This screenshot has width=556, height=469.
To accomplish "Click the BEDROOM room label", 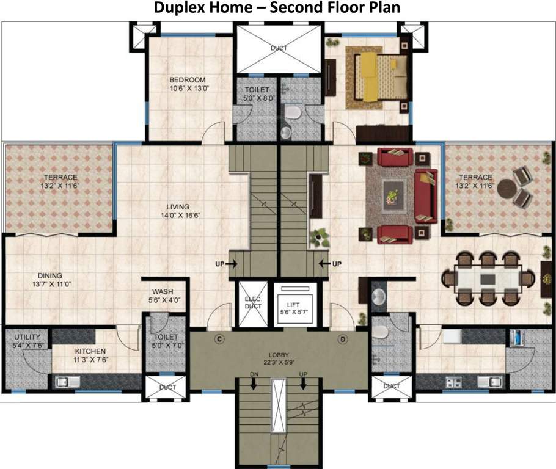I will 187,80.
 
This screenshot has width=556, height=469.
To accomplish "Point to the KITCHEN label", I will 90,351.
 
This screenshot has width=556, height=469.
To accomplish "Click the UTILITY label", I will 27,337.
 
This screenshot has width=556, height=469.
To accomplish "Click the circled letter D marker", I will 342,338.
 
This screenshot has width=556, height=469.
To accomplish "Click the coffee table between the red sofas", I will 389,196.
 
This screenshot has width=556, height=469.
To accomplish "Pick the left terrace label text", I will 60,181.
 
